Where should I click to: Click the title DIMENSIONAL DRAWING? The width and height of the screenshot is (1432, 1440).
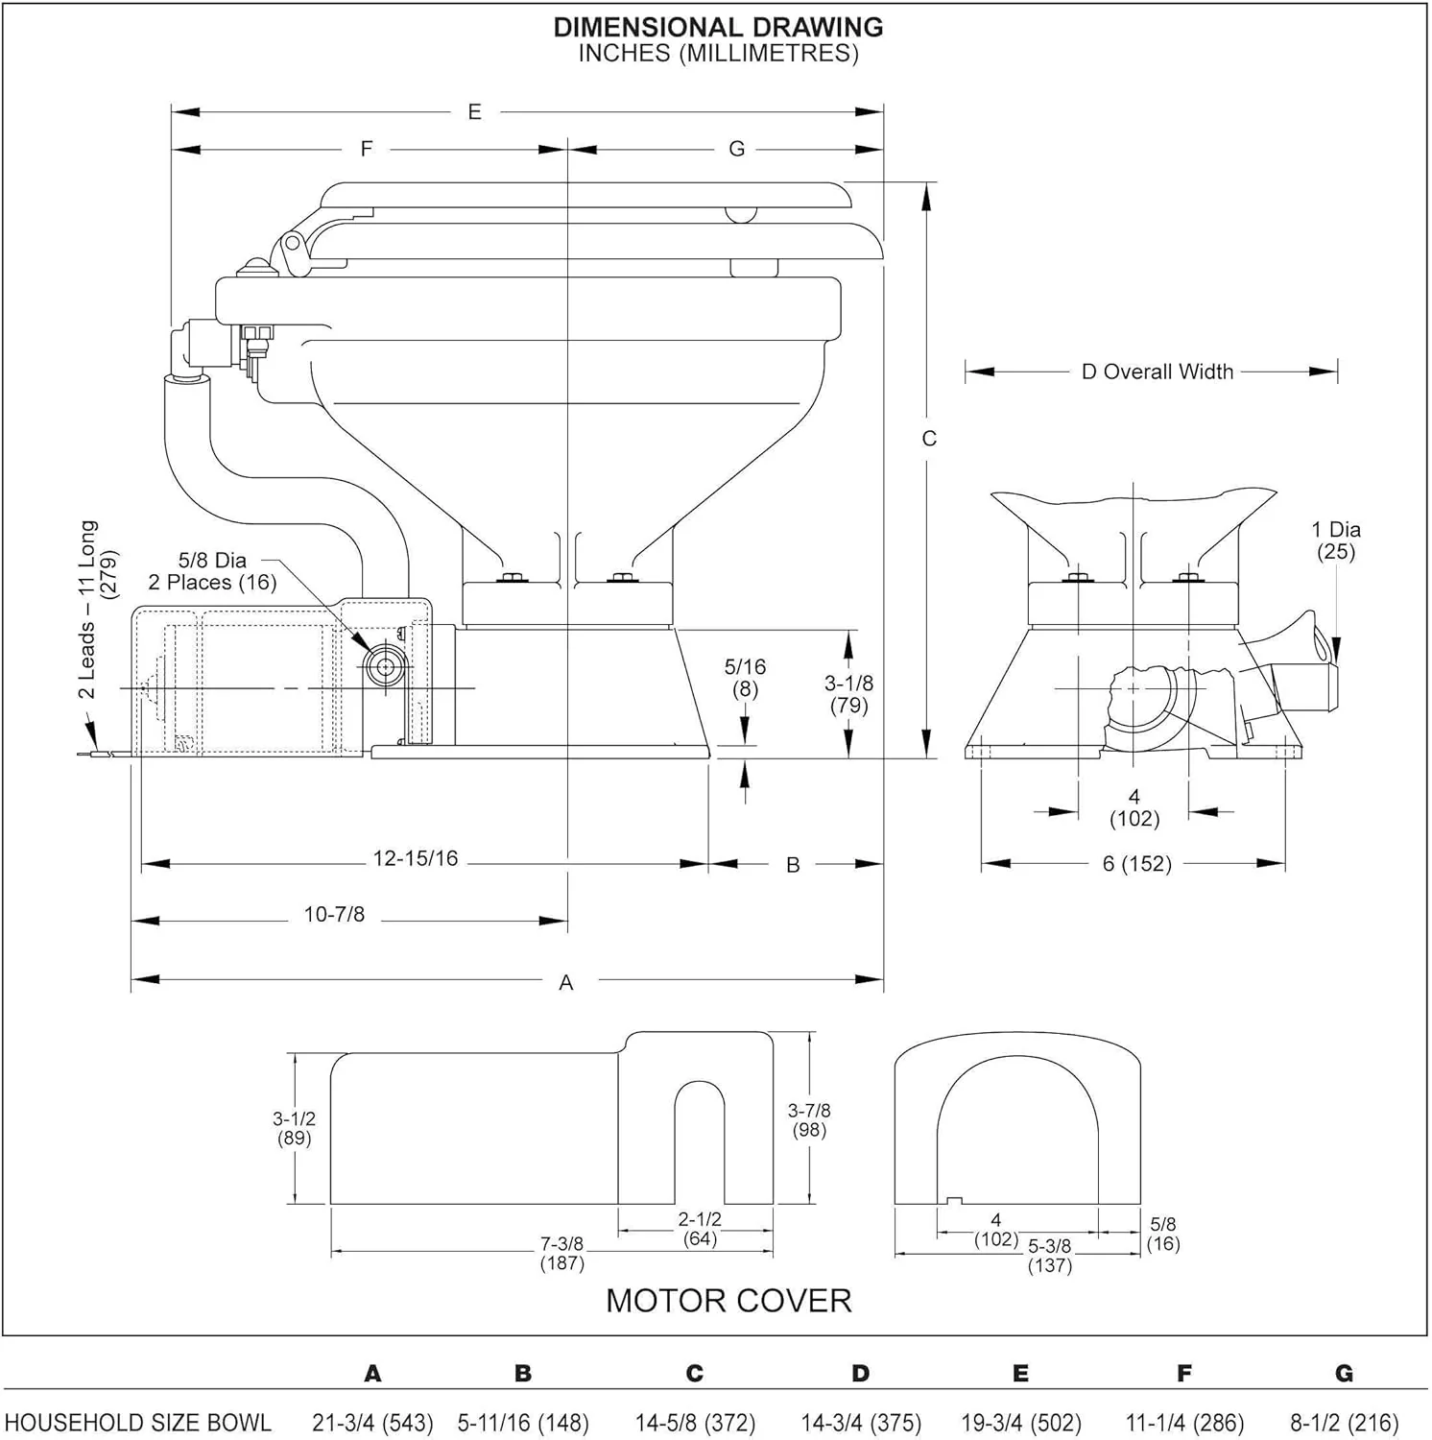click(718, 27)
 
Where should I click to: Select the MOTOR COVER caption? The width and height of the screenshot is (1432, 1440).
click(728, 1300)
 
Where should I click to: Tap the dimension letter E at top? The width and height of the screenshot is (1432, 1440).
click(474, 112)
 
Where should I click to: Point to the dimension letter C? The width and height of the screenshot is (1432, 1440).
click(928, 439)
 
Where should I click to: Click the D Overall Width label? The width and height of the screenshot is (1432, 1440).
click(1157, 372)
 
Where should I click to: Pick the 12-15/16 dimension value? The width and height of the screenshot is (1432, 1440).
click(415, 858)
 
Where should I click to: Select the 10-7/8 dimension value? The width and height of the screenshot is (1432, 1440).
click(334, 915)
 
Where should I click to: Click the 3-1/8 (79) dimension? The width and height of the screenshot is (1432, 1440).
click(848, 694)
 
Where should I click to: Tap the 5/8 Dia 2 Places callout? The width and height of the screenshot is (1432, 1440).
click(212, 571)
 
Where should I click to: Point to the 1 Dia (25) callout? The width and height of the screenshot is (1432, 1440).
click(1336, 540)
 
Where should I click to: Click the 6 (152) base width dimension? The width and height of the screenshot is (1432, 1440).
click(1136, 864)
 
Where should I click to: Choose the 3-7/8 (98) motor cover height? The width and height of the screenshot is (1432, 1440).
click(809, 1119)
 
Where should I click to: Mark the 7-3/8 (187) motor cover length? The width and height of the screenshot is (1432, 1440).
click(561, 1253)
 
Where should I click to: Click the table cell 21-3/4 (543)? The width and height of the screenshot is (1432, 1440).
click(372, 1422)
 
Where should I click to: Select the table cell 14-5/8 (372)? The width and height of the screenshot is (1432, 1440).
click(695, 1422)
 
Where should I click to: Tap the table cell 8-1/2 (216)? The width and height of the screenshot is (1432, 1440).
click(1344, 1422)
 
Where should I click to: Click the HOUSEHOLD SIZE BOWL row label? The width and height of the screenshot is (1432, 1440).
click(138, 1422)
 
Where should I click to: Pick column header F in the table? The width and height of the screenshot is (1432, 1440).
click(1184, 1374)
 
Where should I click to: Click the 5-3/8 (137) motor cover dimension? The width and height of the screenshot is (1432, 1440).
click(1049, 1256)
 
